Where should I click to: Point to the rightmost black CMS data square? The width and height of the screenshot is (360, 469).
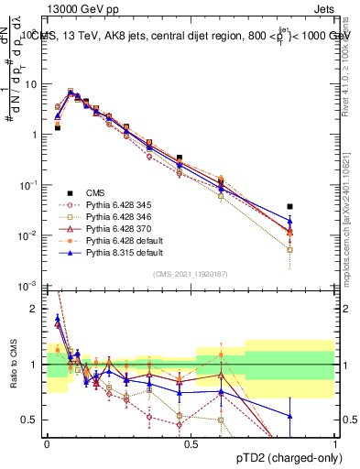[289, 207]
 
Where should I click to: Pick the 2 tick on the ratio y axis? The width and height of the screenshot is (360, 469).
[37, 309]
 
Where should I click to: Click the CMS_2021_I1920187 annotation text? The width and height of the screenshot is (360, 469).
[190, 273]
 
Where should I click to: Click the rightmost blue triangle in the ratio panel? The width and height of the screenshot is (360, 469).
[289, 416]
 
